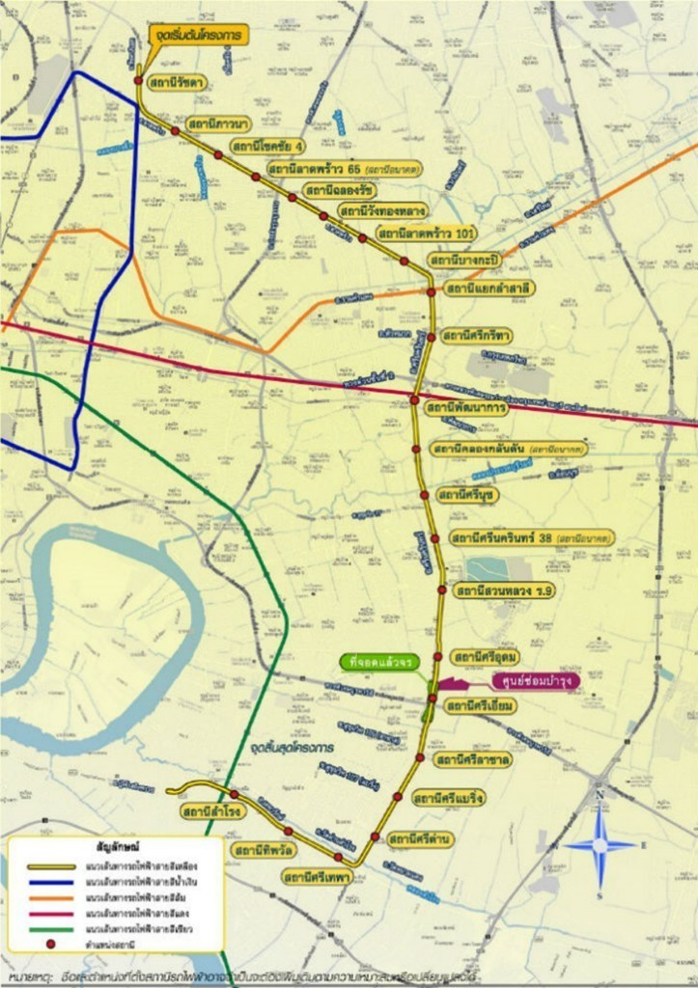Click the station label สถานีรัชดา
tap(177, 83)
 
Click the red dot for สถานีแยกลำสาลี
tap(432, 291)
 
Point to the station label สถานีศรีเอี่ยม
tap(480, 705)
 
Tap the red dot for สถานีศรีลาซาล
tap(419, 758)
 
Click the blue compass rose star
tap(600, 846)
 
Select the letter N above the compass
tap(600, 796)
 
